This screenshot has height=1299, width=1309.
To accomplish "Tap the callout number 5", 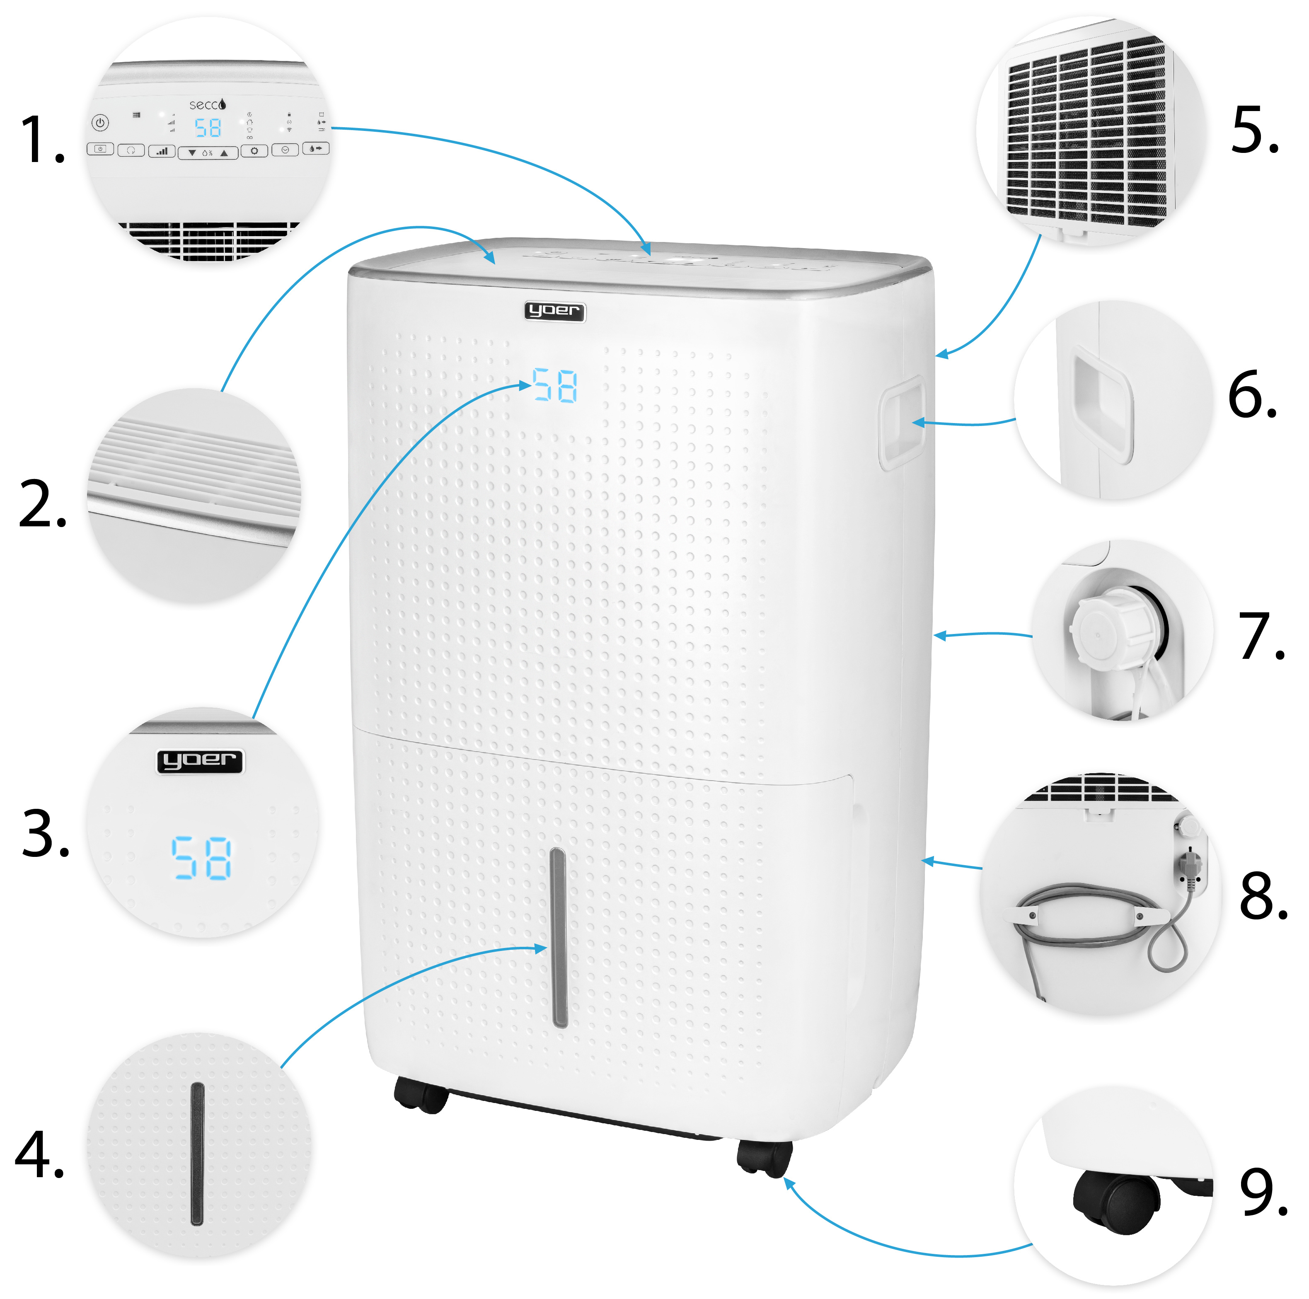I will (x=1255, y=130).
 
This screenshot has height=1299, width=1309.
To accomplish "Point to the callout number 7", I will (x=1260, y=636).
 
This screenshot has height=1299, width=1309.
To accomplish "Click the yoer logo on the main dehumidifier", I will (x=554, y=311).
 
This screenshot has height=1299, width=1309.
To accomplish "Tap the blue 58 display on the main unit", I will (x=555, y=386).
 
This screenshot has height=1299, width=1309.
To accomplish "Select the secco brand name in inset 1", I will (x=207, y=104).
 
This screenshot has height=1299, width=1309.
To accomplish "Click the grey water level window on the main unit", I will (x=559, y=939).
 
